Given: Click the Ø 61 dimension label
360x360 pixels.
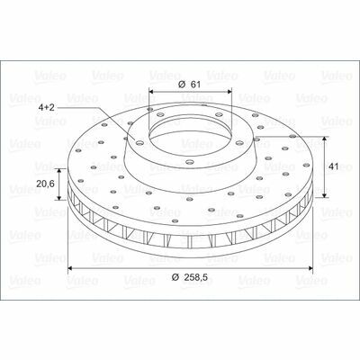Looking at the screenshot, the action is click(189, 85).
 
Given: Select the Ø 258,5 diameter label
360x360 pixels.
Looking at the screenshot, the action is click(190, 277).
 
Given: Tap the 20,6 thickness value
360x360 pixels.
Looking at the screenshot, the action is click(45, 184).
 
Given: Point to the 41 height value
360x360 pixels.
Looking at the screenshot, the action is click(334, 166).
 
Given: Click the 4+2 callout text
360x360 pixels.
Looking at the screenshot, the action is click(46, 107).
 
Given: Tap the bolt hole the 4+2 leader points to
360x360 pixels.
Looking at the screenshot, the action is click(139, 143).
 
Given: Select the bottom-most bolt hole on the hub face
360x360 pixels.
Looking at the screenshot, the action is click(189, 162).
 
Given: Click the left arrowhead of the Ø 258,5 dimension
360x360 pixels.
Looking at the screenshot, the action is click(71, 268).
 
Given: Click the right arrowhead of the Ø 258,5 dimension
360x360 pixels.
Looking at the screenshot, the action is click(310, 268).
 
